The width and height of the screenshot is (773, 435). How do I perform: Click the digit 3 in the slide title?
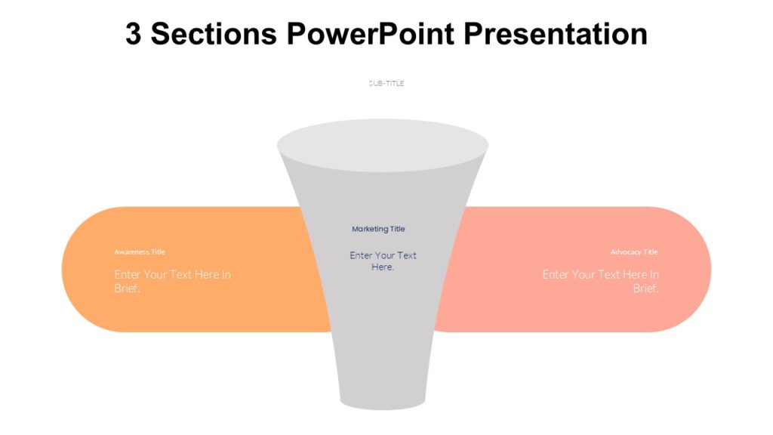point(134,35)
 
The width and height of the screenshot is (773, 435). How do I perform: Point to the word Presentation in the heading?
point(555,35)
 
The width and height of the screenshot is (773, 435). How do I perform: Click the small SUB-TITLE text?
point(386,83)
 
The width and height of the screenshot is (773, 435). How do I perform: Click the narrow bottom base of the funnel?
point(383,400)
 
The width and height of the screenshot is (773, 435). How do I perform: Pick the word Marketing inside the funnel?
point(369,229)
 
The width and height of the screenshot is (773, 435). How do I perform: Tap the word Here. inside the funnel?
point(383,267)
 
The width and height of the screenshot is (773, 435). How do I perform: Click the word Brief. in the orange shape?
point(128,288)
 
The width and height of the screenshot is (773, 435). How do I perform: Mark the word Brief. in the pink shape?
point(645,288)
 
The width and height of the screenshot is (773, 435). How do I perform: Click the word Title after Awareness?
point(158,252)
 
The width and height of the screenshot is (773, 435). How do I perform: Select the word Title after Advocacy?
point(650,252)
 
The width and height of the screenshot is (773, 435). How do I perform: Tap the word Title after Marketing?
point(397,229)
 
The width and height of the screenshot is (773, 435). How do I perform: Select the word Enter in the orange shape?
point(128,275)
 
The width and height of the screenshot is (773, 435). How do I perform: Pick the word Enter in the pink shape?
point(556,275)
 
